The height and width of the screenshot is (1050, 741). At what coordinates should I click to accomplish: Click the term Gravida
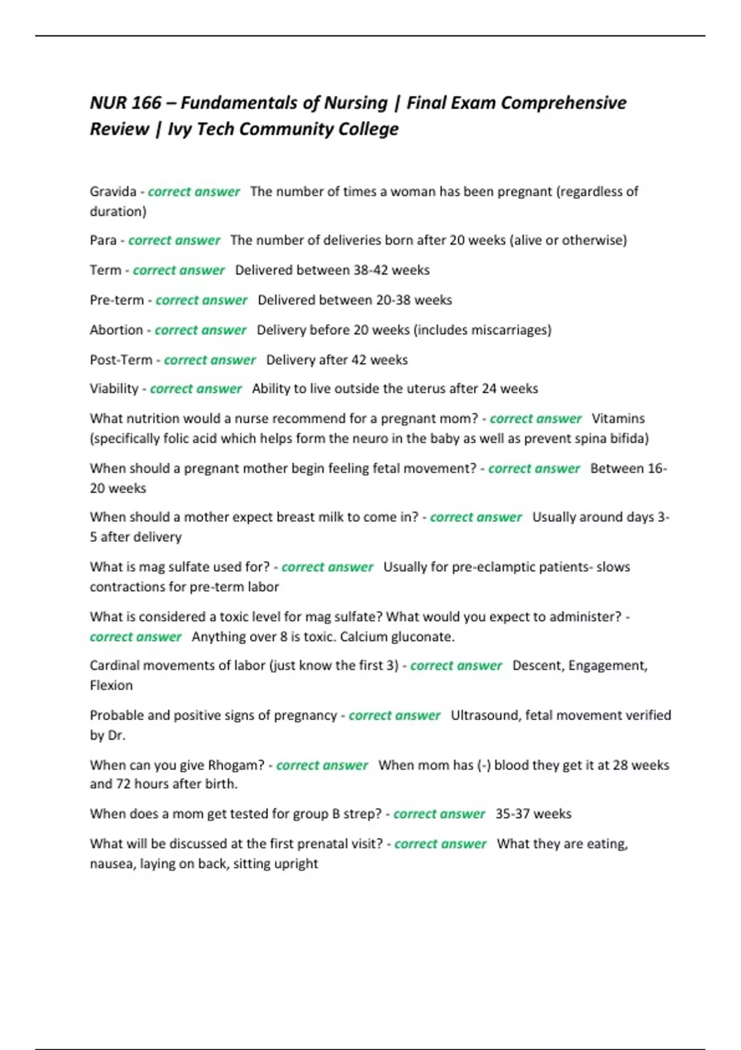coord(113,191)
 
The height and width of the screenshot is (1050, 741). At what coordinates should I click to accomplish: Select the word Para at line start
coord(103,240)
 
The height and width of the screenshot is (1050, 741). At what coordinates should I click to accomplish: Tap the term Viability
coord(114,388)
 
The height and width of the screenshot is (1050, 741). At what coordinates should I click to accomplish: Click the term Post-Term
coord(120,359)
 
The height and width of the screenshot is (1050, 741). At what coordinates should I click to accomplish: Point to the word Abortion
coord(116,330)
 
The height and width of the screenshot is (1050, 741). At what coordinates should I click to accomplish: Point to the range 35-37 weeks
coord(533,814)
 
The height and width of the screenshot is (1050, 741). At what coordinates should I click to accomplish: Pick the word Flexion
coord(111,686)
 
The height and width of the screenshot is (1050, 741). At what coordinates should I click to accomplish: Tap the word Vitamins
coord(617,419)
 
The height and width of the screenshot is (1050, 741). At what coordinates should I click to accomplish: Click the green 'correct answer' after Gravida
coord(193,191)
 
